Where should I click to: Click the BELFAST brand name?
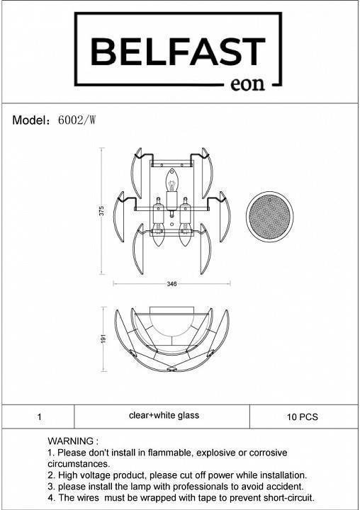(178, 52)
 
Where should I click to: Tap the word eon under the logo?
(247, 84)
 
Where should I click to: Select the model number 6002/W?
(77, 120)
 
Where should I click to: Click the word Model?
(29, 120)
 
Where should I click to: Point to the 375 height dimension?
(101, 211)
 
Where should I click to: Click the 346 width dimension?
(171, 284)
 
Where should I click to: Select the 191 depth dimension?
(104, 339)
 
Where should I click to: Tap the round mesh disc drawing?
(269, 216)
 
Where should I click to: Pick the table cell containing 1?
(39, 416)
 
